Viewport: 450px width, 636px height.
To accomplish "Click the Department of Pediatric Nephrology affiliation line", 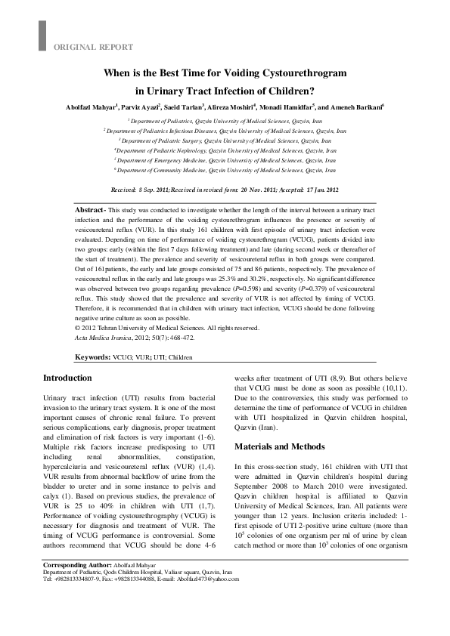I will coord(225,150).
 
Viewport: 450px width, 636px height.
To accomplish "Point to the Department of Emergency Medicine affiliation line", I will coord(225,160).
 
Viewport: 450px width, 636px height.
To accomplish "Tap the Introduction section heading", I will coord(67,378).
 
